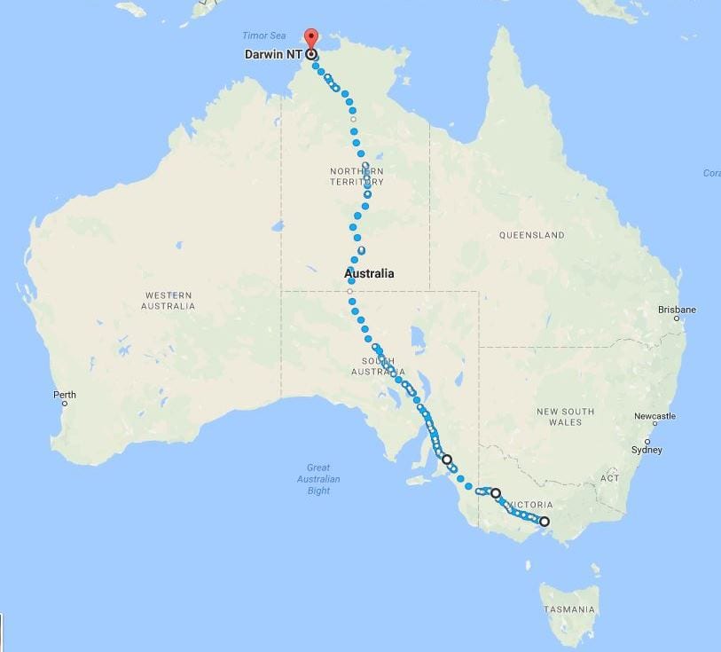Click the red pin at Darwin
click(x=310, y=38)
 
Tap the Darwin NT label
click(x=274, y=54)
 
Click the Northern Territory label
click(x=357, y=176)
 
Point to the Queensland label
click(x=531, y=235)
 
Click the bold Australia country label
click(x=369, y=273)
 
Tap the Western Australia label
click(x=168, y=301)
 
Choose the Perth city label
click(x=65, y=395)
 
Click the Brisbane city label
click(x=677, y=310)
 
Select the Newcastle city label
click(x=654, y=416)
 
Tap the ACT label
click(x=609, y=478)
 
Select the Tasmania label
click(x=570, y=609)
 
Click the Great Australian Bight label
click(x=318, y=479)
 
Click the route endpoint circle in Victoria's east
click(x=545, y=522)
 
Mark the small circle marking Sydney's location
click(x=647, y=441)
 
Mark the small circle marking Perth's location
click(x=64, y=405)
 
